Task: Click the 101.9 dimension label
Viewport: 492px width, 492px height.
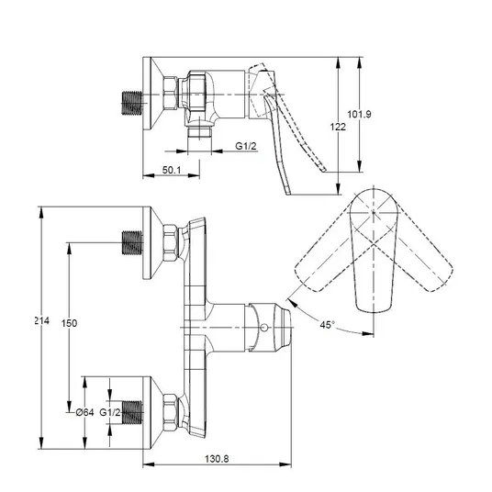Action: coord(359,114)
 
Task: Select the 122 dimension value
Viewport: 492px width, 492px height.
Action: coord(338,127)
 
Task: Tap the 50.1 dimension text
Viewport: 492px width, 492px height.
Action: coord(172,170)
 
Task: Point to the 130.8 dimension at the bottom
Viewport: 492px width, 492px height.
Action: coord(217,458)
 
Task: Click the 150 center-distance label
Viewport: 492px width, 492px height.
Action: coord(69,323)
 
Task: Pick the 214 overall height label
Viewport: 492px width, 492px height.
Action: coord(41,320)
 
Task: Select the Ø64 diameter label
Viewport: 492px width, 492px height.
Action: coord(84,412)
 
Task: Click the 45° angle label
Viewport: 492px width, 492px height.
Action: coord(328,324)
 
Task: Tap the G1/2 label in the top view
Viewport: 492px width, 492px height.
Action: coord(246,146)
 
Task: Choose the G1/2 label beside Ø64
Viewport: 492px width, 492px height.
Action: coord(110,412)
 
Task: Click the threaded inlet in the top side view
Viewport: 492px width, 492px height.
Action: coord(132,103)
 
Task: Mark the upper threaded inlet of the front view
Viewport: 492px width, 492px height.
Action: coord(132,242)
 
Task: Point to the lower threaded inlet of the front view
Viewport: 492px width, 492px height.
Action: coord(132,412)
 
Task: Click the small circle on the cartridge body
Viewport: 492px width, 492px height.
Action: coord(264,328)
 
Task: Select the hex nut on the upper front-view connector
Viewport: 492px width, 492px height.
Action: coord(171,242)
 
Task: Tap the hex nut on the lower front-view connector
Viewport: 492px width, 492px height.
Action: coord(171,412)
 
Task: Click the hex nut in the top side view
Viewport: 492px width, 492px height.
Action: coord(171,94)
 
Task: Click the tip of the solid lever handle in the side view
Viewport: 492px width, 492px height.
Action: coord(288,194)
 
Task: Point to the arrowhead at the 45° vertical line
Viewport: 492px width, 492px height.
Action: coord(367,333)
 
